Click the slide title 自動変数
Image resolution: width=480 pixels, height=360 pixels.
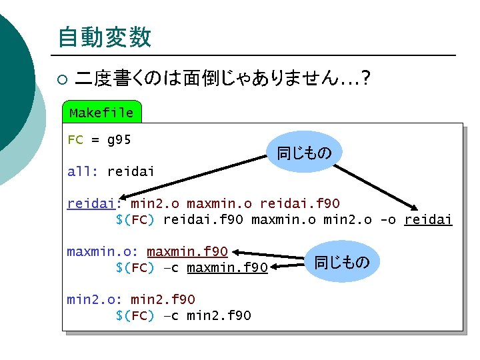coord(104,37)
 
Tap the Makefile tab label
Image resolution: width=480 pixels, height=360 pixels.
coord(101,113)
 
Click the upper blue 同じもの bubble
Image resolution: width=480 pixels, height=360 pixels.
coord(304,153)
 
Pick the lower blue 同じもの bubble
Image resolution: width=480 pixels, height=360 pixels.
coord(341,262)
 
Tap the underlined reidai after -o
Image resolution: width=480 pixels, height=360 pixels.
coord(428,220)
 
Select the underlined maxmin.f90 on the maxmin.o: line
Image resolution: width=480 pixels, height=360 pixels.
coord(187,251)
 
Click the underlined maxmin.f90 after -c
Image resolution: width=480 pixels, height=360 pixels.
coord(227,268)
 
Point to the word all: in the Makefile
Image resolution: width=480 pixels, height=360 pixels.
coord(83,171)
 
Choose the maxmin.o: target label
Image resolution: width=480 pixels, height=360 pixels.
coord(103,251)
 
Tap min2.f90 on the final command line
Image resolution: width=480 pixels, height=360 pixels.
coord(219,315)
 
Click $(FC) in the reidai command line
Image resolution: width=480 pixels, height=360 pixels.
coord(135,220)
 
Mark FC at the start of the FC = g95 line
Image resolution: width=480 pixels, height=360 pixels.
coord(75,140)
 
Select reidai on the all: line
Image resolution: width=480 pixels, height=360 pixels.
coord(131,171)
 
